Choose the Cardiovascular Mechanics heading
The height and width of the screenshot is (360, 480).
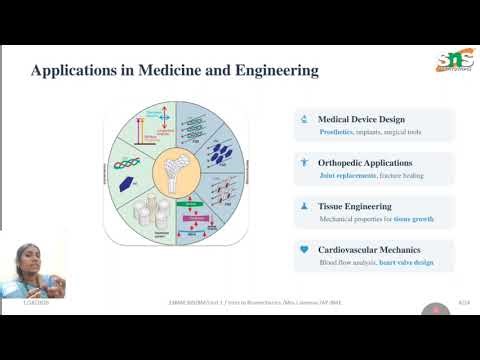369,249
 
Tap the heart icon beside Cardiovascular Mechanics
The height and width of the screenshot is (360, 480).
304,249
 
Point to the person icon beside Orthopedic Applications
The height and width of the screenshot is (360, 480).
304,161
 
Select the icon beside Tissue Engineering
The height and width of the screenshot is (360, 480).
304,205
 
